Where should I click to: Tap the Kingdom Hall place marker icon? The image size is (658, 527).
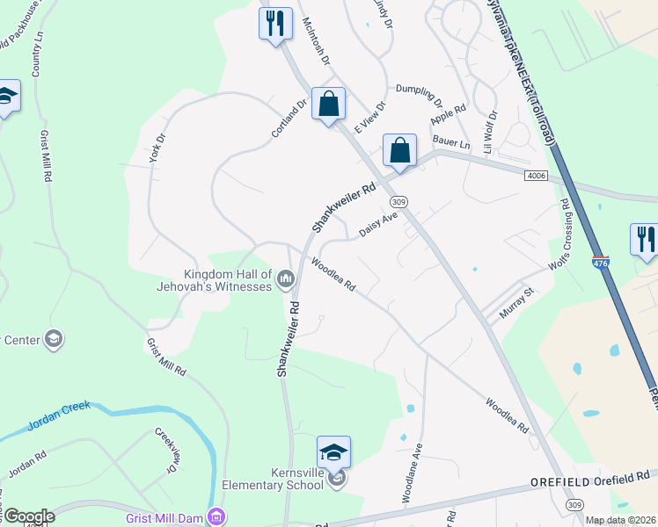click(285, 280)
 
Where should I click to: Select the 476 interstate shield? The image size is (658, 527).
click(600, 262)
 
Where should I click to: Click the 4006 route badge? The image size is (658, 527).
click(537, 176)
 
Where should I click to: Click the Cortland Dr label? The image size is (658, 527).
click(289, 117)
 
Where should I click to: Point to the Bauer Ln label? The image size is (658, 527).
click(451, 142)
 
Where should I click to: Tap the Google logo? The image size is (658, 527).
click(28, 517)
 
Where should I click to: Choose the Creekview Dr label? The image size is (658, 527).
click(167, 450)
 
